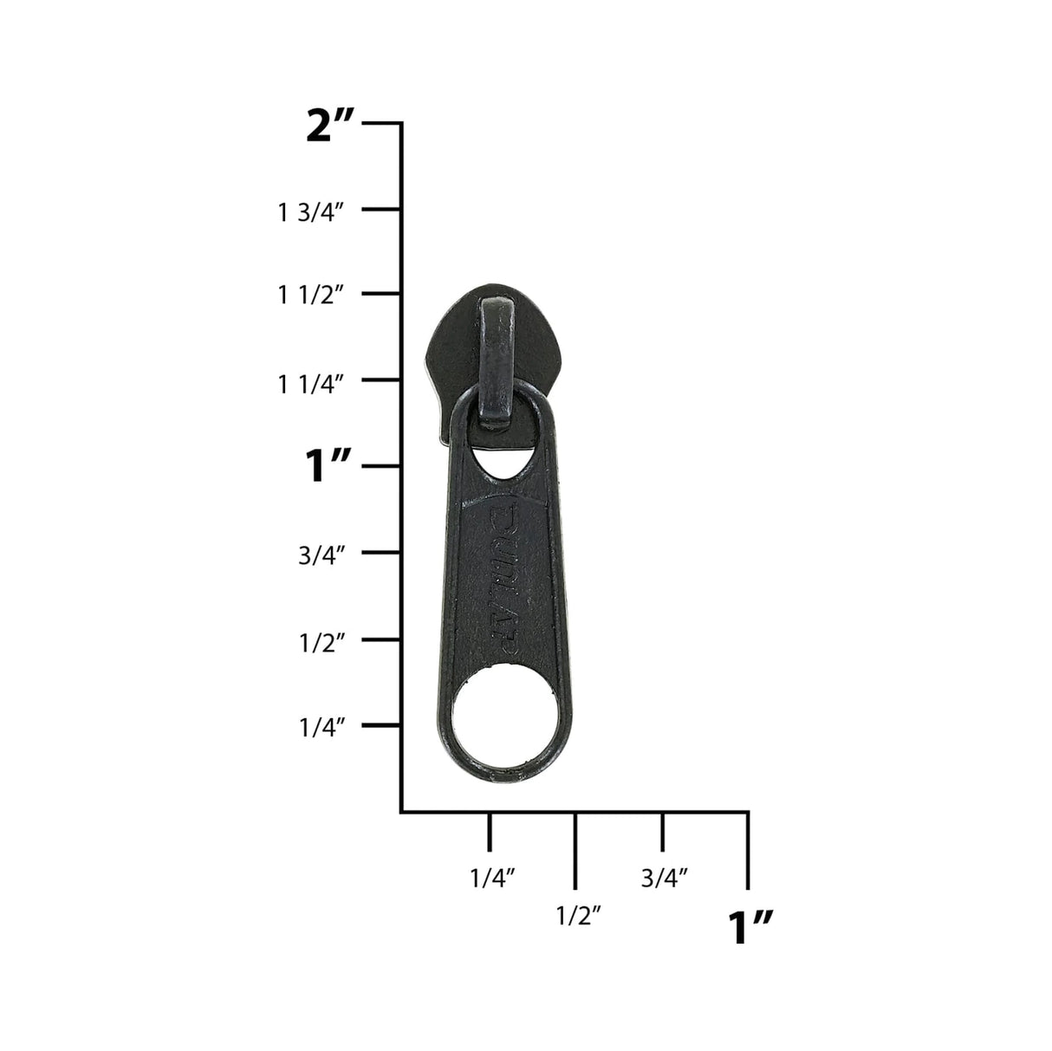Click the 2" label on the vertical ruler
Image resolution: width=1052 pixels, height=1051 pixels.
(x=330, y=127)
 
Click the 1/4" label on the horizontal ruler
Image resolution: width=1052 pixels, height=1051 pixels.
(x=492, y=878)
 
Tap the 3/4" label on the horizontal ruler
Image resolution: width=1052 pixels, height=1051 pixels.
(x=665, y=878)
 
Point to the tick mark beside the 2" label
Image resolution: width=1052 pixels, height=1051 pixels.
(x=381, y=124)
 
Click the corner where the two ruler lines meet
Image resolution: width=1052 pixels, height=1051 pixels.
(x=401, y=812)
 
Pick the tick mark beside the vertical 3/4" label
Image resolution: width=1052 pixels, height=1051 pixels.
(x=381, y=553)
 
